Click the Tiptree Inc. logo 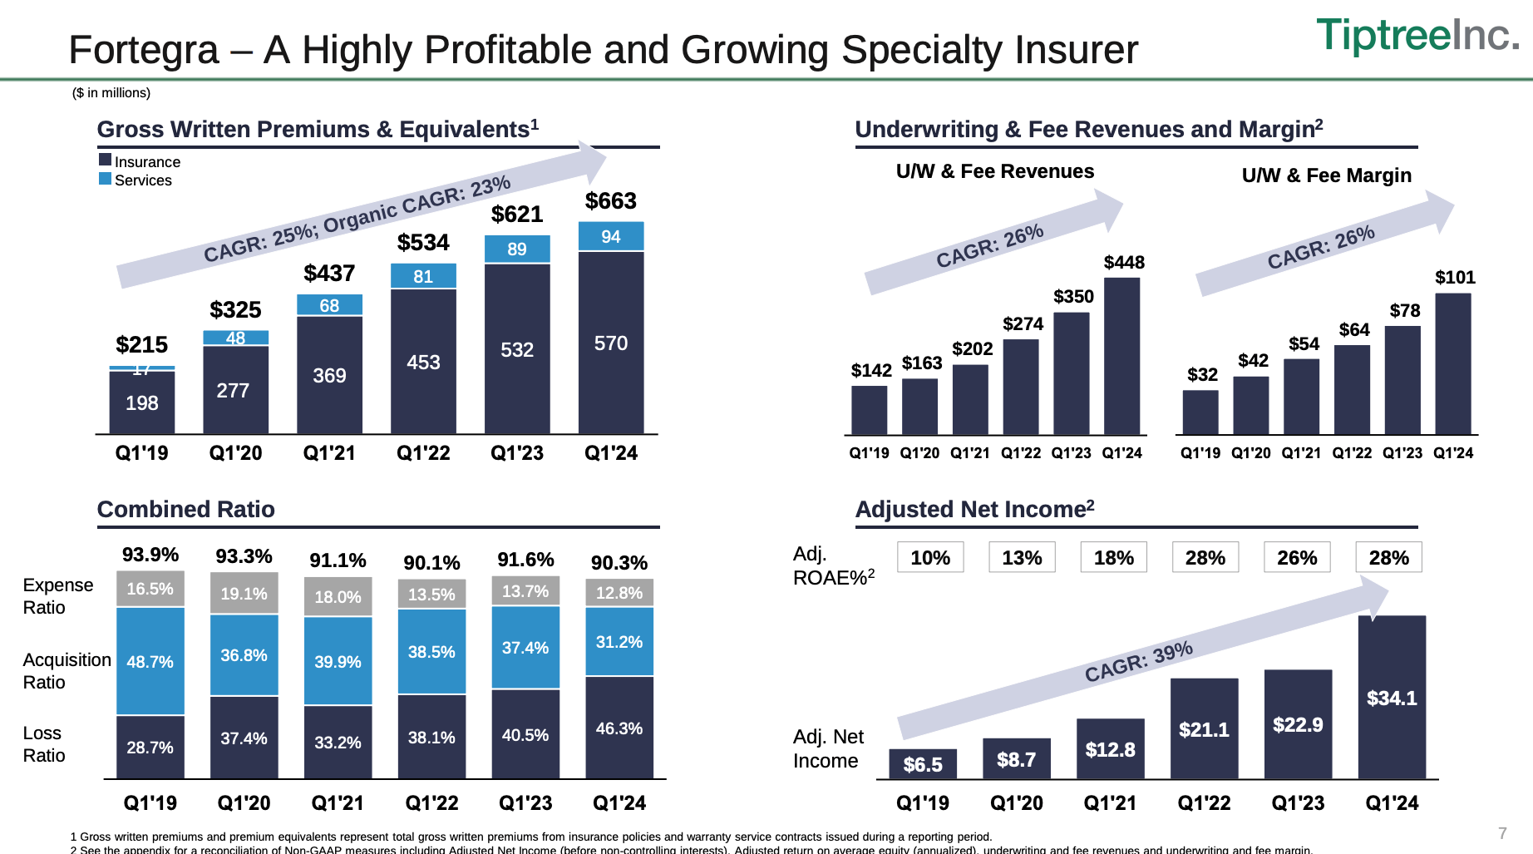click(x=1417, y=36)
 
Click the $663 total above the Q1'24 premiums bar click(x=610, y=201)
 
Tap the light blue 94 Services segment click(x=610, y=237)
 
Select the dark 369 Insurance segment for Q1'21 click(x=329, y=375)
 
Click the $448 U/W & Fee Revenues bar click(x=1121, y=356)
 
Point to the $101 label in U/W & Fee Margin click(x=1455, y=278)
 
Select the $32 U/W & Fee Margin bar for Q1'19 click(x=1200, y=412)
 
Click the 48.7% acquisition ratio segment click(x=150, y=661)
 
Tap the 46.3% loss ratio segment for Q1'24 click(x=619, y=728)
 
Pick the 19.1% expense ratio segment click(x=244, y=594)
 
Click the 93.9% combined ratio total click(x=150, y=555)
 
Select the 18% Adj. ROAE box click(x=1113, y=557)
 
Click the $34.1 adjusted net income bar click(x=1391, y=697)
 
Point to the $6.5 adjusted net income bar click(x=922, y=764)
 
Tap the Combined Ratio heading click(x=185, y=509)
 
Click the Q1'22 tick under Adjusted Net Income click(x=1203, y=803)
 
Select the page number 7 click(x=1501, y=833)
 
